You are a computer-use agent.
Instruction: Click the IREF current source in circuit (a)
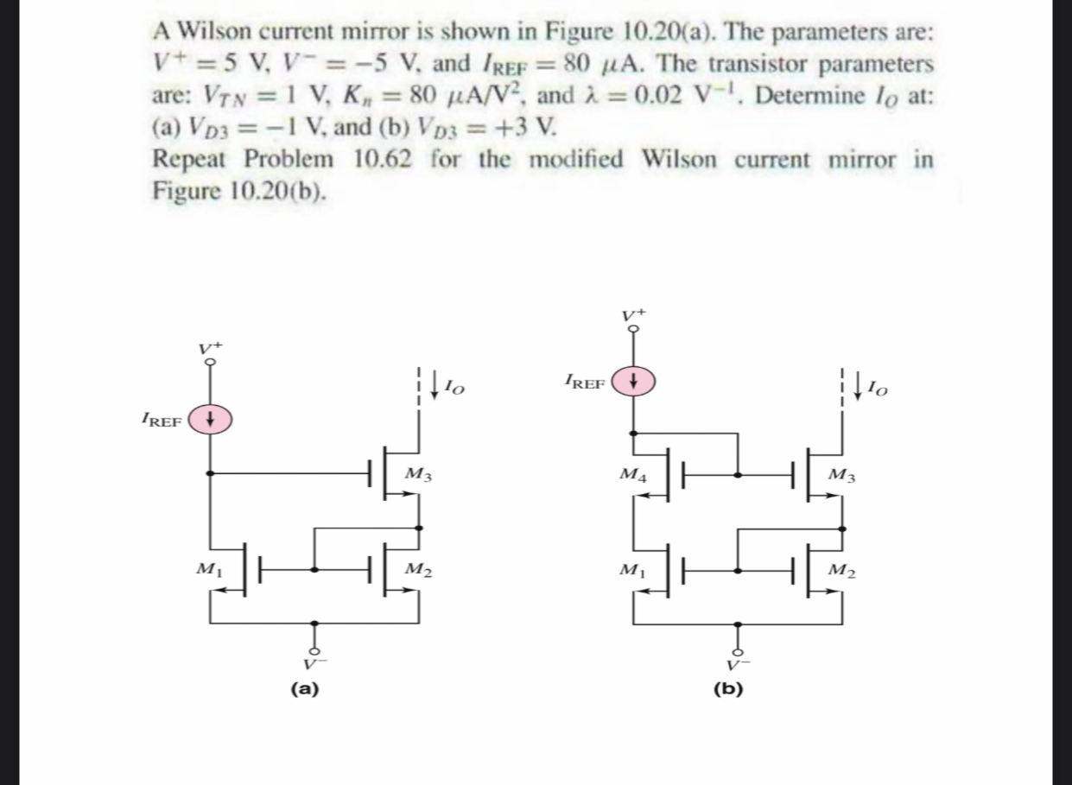(x=212, y=421)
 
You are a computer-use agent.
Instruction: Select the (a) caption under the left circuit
(x=305, y=688)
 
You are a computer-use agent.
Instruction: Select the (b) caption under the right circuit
(x=729, y=688)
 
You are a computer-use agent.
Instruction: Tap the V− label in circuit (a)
(x=314, y=664)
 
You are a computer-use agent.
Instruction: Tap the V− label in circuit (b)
(x=737, y=664)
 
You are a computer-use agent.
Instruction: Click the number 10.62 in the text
(x=386, y=160)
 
